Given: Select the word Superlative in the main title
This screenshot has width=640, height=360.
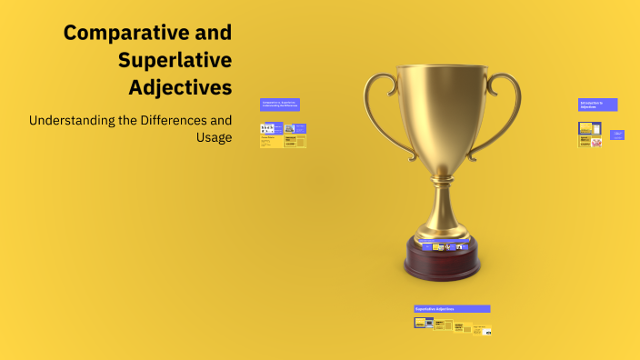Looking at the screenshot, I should coord(175,61).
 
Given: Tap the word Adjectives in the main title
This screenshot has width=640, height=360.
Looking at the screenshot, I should coord(180,88).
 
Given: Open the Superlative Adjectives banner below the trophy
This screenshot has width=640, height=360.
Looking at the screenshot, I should coord(452,309).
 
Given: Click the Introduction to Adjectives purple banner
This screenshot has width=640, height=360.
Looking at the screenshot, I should coord(597,105).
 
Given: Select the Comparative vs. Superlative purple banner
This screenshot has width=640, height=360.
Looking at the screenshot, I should coord(279,105).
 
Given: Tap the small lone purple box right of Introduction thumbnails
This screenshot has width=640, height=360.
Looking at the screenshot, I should coord(617,135).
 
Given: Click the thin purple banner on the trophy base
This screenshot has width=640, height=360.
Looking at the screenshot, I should coord(443,241).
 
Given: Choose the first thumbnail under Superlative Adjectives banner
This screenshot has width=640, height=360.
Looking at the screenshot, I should coord(420,323).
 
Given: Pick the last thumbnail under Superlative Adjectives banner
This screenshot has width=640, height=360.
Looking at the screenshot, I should coord(486,330).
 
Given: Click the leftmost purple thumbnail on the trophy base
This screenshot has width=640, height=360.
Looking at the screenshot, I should coord(425,246).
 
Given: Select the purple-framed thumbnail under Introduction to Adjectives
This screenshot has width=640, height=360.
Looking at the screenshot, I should coord(585,128).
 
